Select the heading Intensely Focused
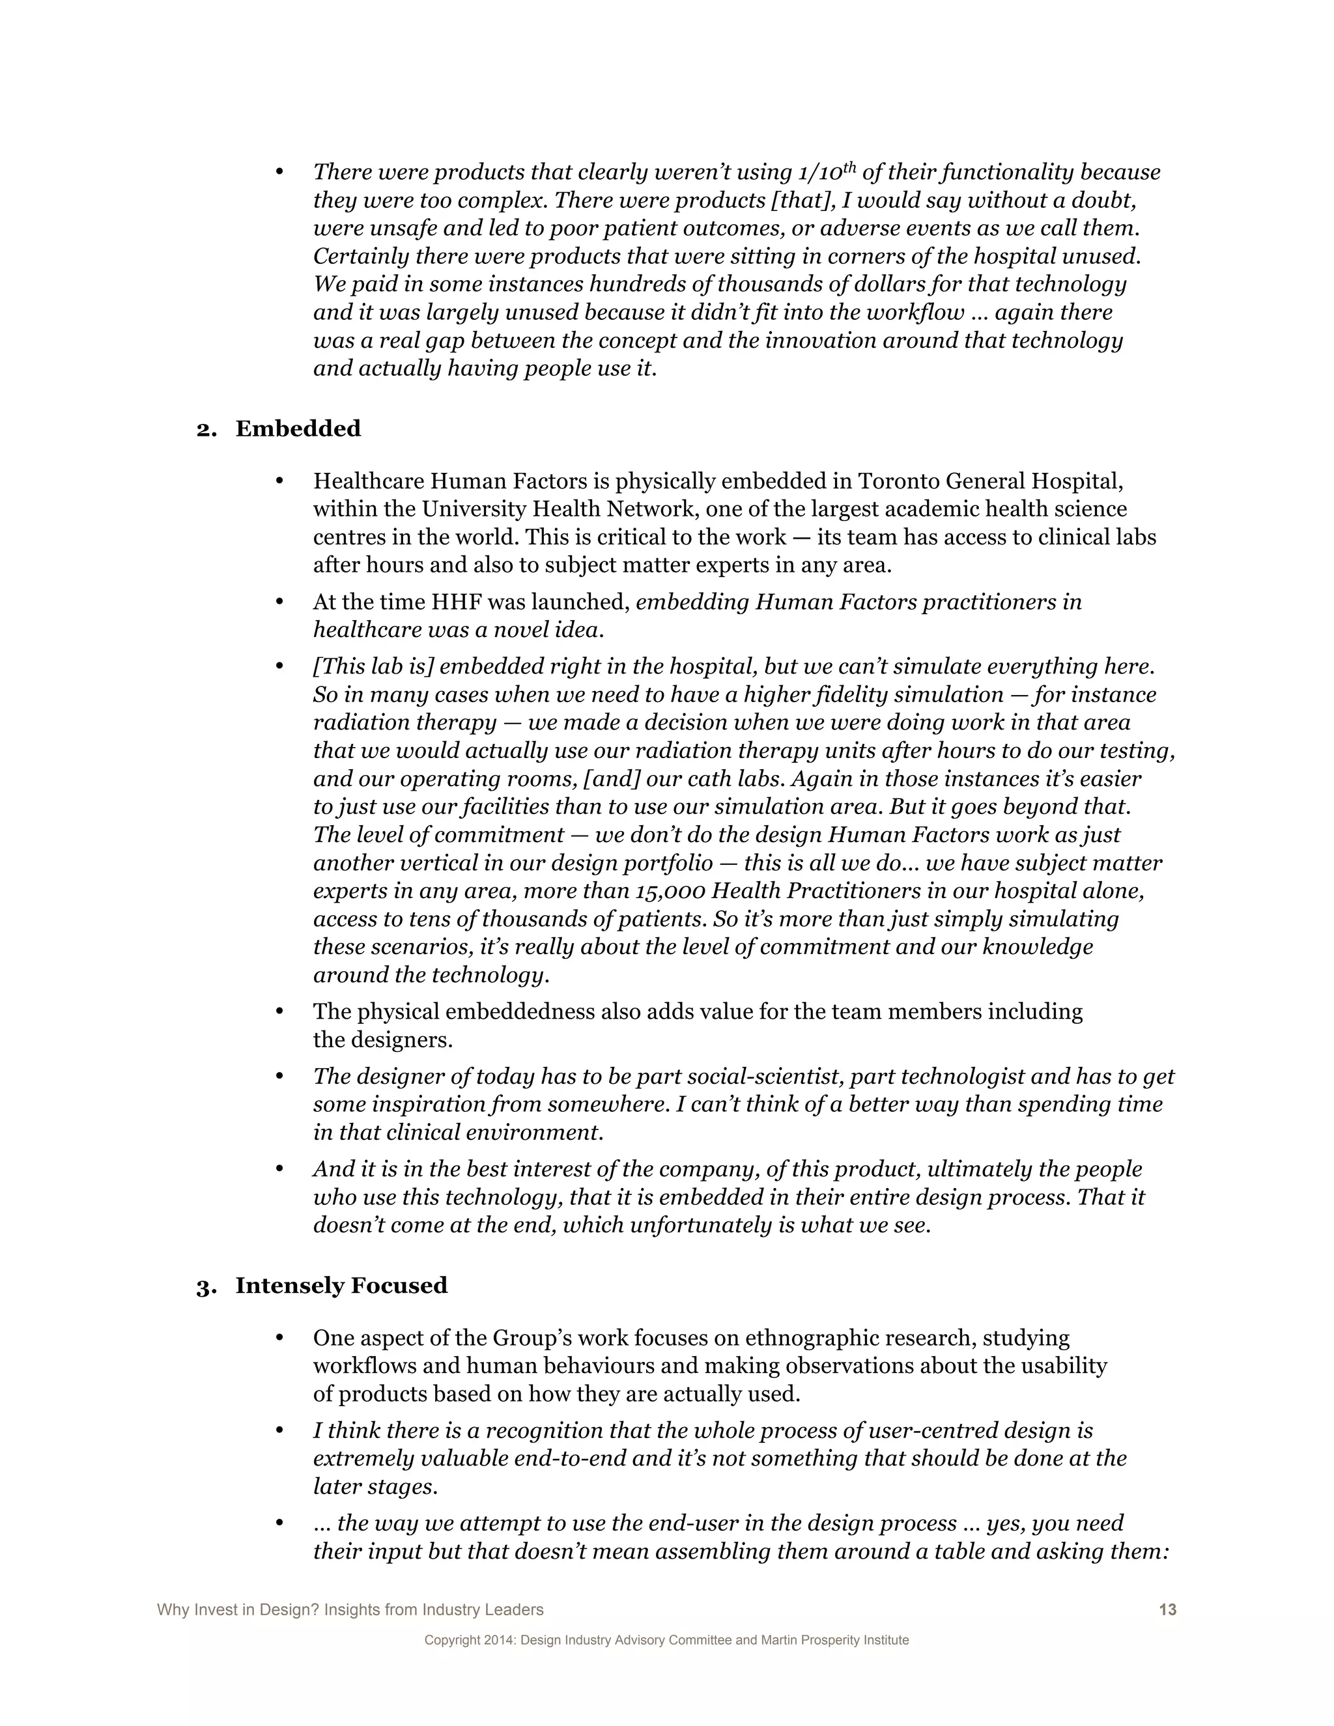(x=341, y=1285)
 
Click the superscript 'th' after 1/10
(x=849, y=166)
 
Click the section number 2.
(x=205, y=429)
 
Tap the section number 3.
(x=205, y=1286)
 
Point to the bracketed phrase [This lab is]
(x=373, y=666)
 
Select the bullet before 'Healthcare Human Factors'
(x=279, y=481)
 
